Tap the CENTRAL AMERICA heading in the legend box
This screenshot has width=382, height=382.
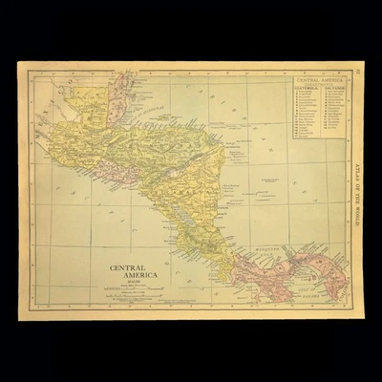[x=320, y=80]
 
